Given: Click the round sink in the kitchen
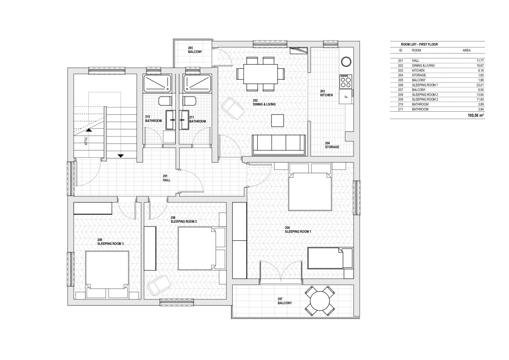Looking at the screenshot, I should coord(346,62).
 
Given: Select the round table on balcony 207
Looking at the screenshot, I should coord(320,301).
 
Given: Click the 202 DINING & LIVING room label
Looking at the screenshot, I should coord(264,102).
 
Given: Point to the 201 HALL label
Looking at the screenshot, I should coord(166,178).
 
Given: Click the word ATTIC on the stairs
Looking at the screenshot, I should coord(86,141).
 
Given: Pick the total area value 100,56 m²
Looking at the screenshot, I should coord(476,115).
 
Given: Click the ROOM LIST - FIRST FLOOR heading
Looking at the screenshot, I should coord(419,44).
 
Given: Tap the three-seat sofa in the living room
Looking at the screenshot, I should coord(279,145).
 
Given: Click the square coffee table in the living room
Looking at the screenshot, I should coord(277,120).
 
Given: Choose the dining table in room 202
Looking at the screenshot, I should coord(261,74).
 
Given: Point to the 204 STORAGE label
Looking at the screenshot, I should coord(332,145).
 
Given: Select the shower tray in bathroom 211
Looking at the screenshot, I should coord(198,83).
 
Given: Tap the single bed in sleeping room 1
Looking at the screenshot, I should coord(330,258).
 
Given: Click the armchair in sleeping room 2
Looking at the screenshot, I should coord(159,284).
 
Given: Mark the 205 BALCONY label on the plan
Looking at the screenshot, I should coord(195,50).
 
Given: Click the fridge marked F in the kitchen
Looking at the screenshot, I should coord(346,97).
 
